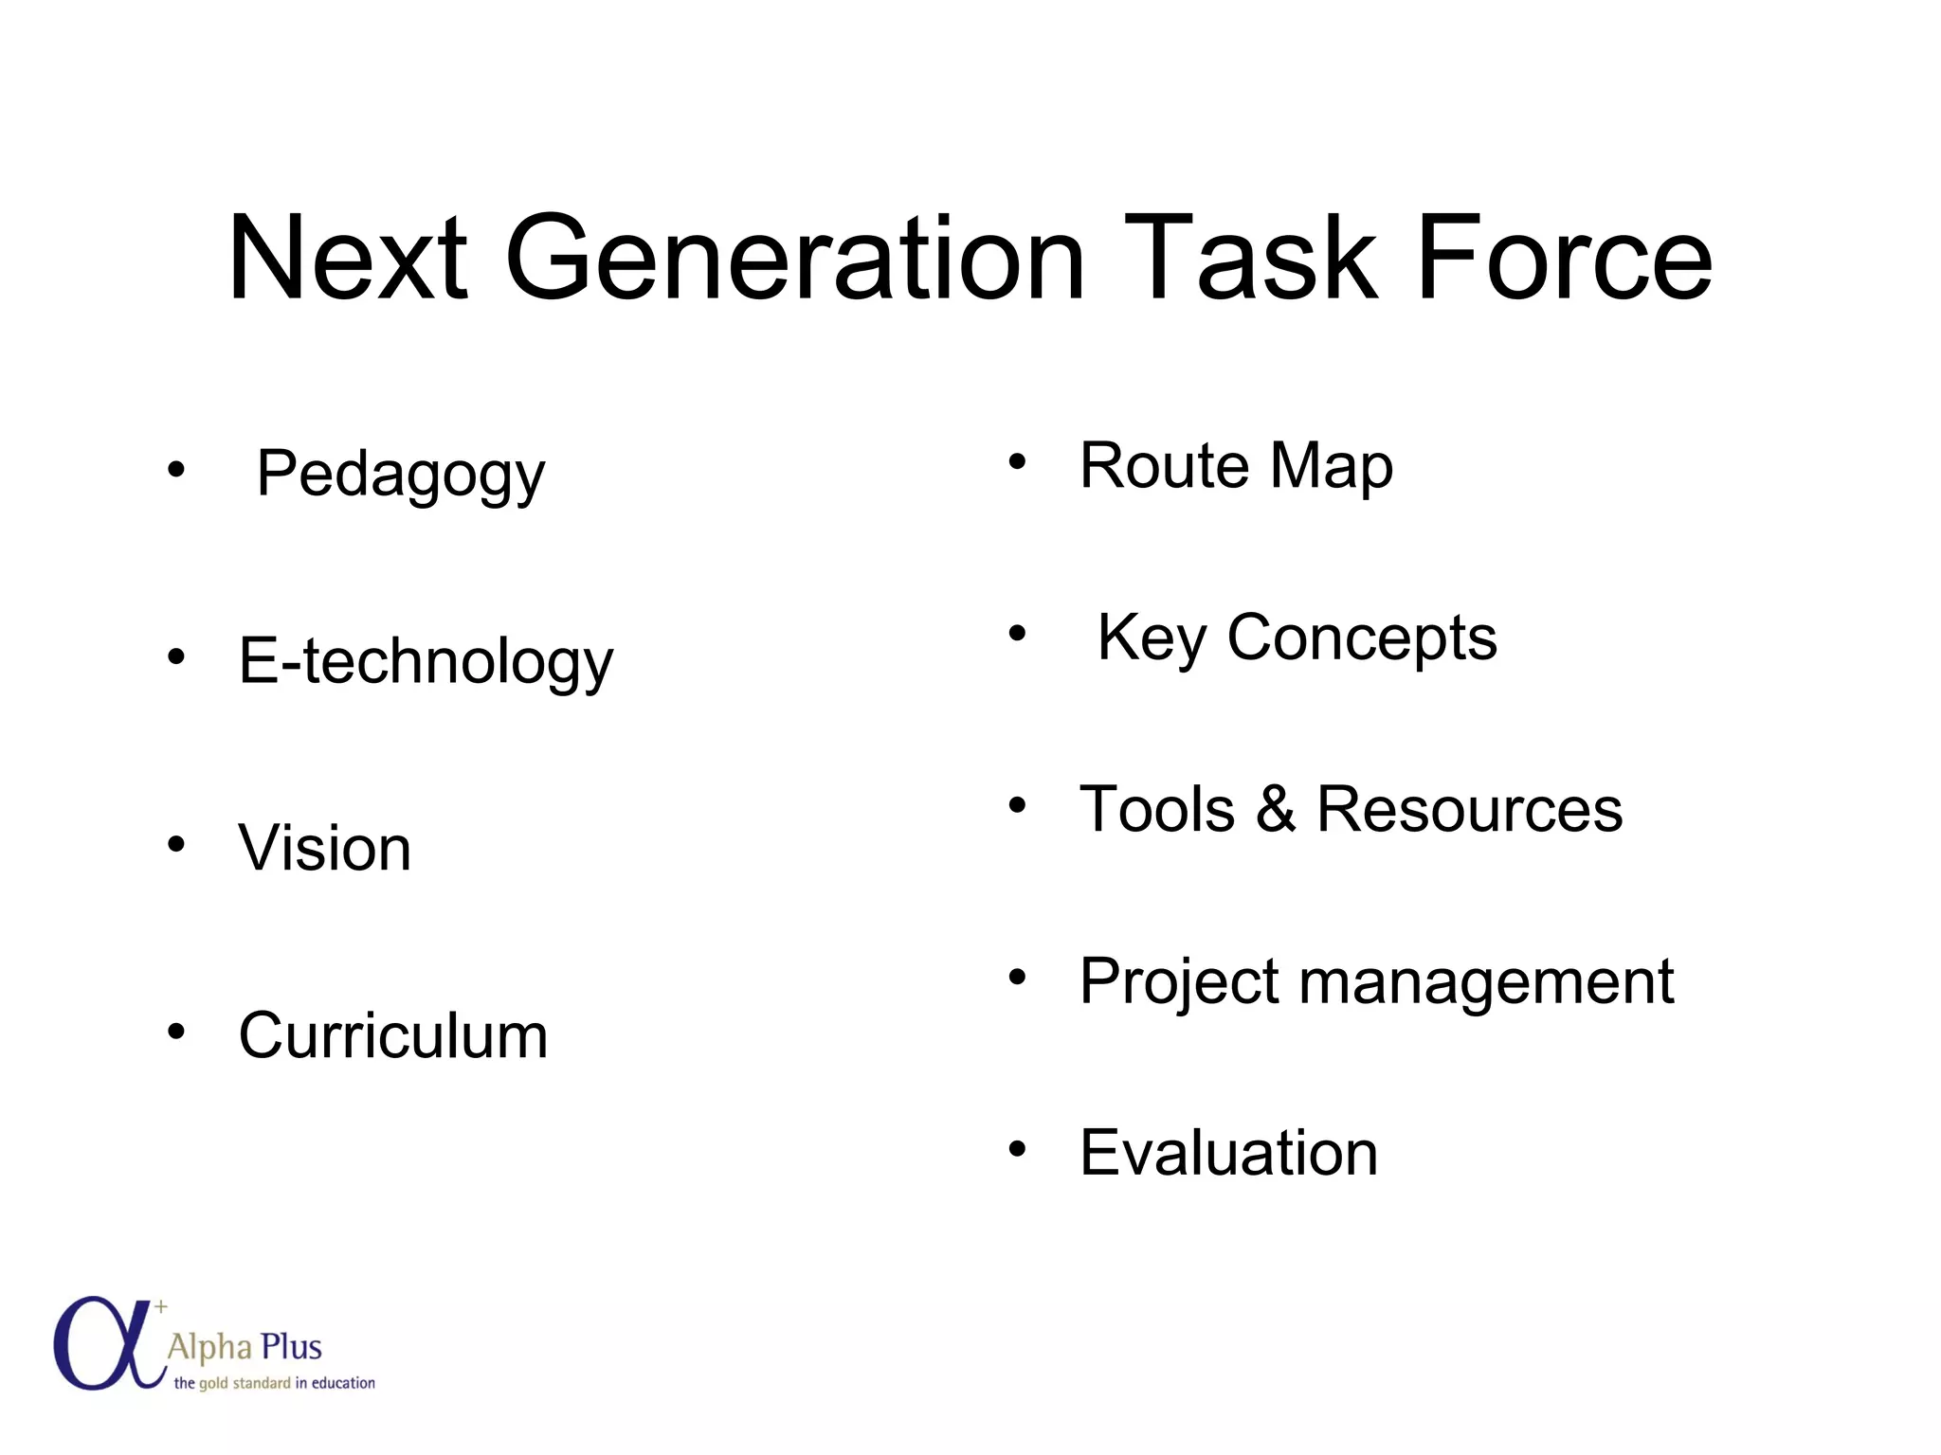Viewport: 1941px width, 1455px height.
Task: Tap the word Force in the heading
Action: [1564, 258]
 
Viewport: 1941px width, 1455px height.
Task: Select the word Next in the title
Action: [348, 258]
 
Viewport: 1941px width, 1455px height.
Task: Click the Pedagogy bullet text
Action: [400, 474]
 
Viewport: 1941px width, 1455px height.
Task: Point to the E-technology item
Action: [426, 661]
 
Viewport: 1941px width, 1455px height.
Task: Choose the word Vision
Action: [324, 848]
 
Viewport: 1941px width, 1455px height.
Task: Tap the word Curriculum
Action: [392, 1035]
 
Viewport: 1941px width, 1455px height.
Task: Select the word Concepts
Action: [1362, 638]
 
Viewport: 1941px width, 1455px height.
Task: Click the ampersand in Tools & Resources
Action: [1276, 810]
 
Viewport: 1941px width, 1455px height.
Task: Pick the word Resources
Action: [1469, 810]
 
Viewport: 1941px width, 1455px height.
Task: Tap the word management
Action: [1485, 982]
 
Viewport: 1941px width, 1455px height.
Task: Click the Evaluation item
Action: [1228, 1154]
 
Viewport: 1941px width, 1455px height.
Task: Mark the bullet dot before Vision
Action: [176, 842]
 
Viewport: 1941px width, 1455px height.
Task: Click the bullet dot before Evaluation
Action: [1017, 1149]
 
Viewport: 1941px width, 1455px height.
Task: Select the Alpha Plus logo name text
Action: [245, 1347]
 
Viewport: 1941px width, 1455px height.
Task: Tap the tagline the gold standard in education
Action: [274, 1383]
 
